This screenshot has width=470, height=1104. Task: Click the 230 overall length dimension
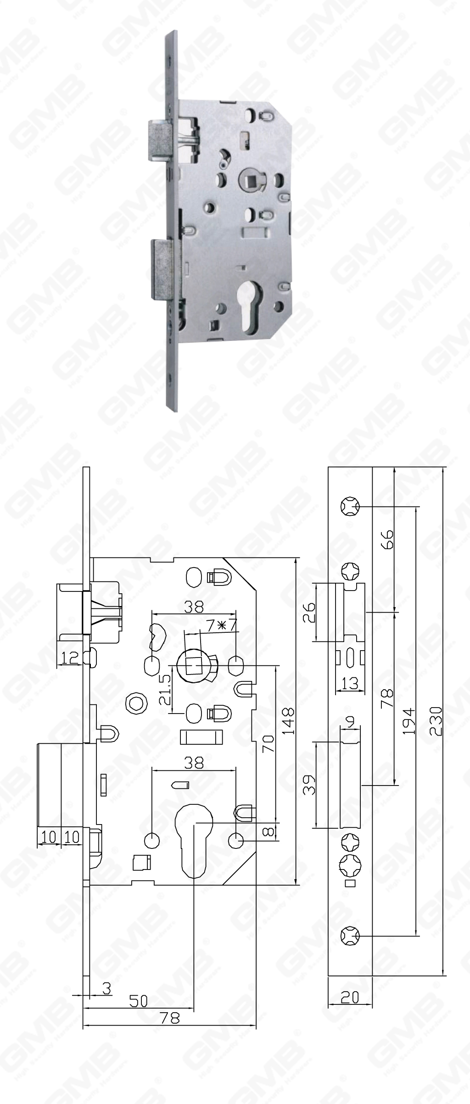tap(437, 721)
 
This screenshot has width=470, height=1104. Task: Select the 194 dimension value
tap(409, 721)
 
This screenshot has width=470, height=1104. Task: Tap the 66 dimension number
tap(388, 540)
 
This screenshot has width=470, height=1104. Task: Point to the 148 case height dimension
tap(288, 721)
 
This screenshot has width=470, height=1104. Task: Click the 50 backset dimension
tap(138, 1000)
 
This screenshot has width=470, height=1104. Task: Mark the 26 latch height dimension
tap(310, 612)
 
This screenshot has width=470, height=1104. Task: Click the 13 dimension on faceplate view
tap(350, 684)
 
